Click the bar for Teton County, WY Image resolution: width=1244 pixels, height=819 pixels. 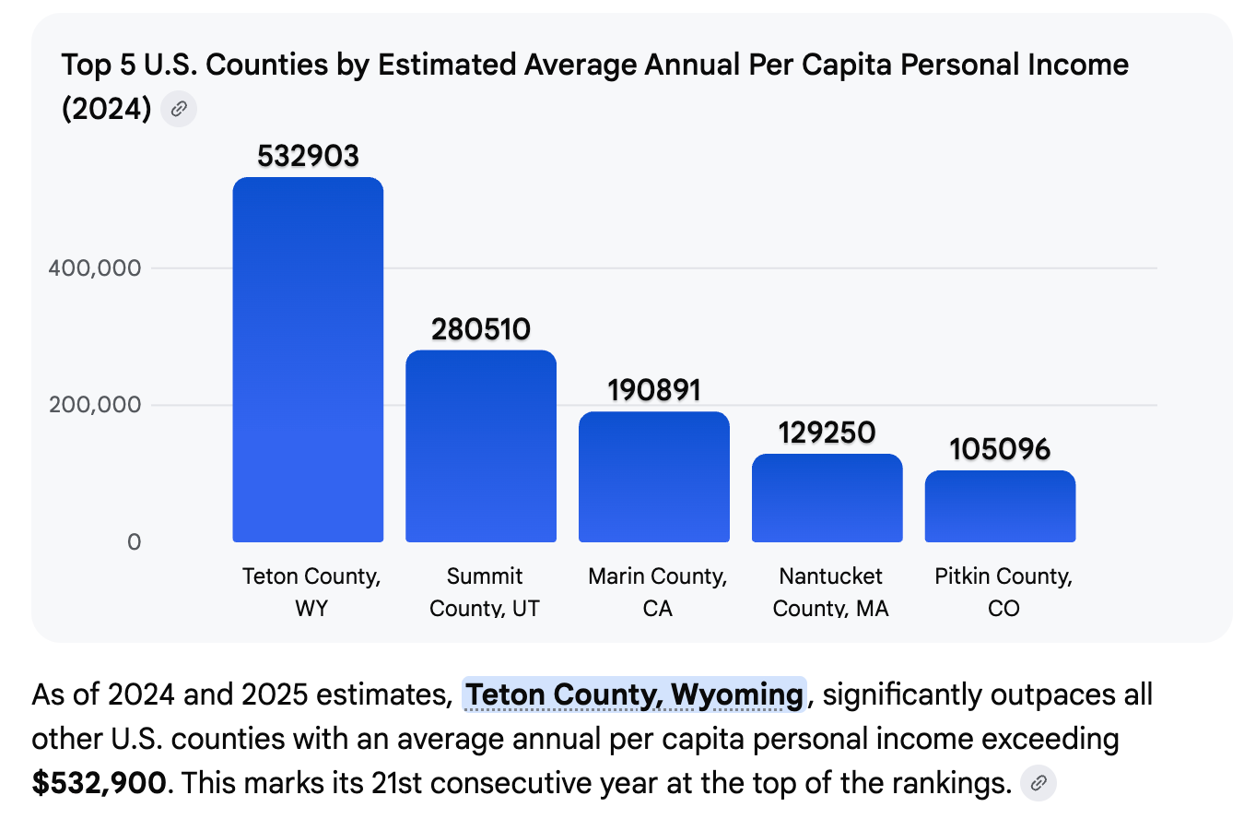tap(308, 360)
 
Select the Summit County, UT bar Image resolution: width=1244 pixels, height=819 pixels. tap(480, 446)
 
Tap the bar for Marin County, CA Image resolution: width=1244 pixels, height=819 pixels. tap(653, 477)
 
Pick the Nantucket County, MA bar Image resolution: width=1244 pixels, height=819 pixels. tap(827, 498)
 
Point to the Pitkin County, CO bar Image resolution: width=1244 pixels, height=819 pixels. tap(1000, 506)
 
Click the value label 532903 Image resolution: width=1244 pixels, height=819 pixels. tap(308, 157)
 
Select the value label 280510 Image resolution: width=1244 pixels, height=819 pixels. tap(481, 329)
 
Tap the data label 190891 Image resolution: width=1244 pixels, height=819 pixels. tap(654, 390)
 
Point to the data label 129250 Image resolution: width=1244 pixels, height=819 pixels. tap(827, 433)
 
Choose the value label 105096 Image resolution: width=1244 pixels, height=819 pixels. tap(1000, 449)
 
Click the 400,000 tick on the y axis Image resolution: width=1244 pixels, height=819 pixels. tap(95, 268)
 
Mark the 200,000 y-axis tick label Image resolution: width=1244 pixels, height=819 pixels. tap(95, 405)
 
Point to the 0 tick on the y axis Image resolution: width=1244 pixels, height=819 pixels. tap(135, 541)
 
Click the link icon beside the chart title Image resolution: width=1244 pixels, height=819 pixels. tap(179, 110)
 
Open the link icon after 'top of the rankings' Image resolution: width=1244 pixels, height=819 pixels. tap(1039, 783)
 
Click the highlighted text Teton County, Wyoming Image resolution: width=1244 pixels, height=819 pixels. tap(634, 694)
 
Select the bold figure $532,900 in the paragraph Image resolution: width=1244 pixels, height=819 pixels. tap(100, 783)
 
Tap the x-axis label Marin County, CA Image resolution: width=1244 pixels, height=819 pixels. tap(657, 592)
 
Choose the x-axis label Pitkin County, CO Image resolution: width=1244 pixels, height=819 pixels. tap(1003, 592)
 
